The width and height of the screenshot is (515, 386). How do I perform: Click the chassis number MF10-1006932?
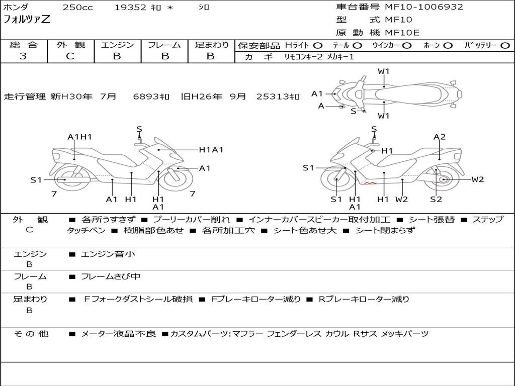(x=424, y=7)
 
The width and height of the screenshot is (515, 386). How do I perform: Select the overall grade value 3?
(x=23, y=56)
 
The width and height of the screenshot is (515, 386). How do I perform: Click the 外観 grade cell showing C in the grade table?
(x=70, y=56)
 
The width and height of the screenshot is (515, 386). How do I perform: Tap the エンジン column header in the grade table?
(x=117, y=45)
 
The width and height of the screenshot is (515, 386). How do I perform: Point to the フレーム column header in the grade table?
(x=164, y=45)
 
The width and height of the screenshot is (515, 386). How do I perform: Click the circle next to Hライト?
(x=318, y=46)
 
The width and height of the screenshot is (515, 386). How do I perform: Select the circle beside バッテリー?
(x=505, y=46)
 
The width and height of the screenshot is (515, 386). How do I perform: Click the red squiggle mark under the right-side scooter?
(x=370, y=184)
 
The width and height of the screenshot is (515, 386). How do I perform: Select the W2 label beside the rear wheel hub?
(x=477, y=179)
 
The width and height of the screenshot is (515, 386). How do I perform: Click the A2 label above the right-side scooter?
(x=440, y=137)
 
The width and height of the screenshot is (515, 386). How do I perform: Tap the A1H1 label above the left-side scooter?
(x=79, y=137)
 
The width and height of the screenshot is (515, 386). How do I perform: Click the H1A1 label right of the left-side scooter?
(x=211, y=149)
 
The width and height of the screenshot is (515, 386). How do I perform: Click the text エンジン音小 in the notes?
(x=108, y=254)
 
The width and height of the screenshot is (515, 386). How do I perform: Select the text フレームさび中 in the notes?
(x=111, y=276)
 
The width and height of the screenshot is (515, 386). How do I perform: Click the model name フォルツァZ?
(x=27, y=21)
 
